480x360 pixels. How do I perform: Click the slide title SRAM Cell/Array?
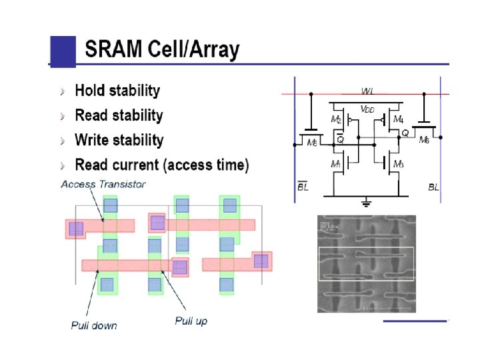pyautogui.click(x=162, y=49)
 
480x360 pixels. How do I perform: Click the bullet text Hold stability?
pyautogui.click(x=117, y=90)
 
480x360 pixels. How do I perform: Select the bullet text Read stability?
pyautogui.click(x=119, y=115)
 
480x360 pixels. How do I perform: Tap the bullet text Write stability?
pyautogui.click(x=119, y=140)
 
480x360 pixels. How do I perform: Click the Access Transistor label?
pyautogui.click(x=103, y=183)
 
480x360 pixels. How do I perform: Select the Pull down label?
pyautogui.click(x=94, y=325)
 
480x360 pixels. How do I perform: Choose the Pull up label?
pyautogui.click(x=191, y=321)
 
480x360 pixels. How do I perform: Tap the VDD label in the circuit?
pyautogui.click(x=367, y=109)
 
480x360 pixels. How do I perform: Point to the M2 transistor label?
pyautogui.click(x=336, y=119)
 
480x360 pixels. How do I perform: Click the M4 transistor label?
pyautogui.click(x=398, y=119)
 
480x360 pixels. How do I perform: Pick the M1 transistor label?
pyautogui.click(x=336, y=164)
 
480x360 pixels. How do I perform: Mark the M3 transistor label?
pyautogui.click(x=398, y=164)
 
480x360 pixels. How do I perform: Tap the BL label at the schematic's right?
pyautogui.click(x=433, y=187)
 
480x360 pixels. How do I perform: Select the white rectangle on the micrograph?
pyautogui.click(x=366, y=263)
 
